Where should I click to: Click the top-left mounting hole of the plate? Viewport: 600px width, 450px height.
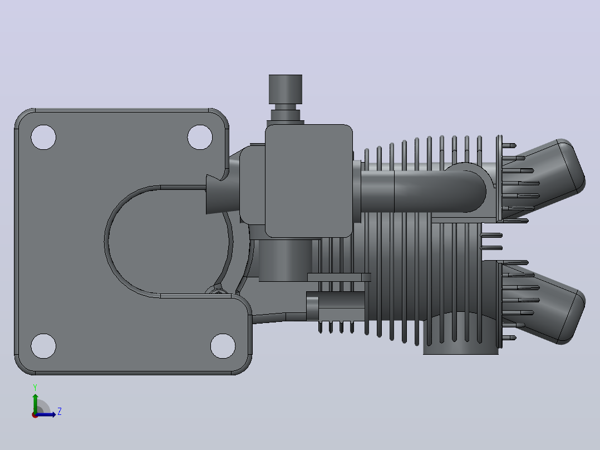[x=43, y=137]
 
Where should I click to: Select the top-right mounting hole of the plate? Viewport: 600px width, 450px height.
[x=200, y=137]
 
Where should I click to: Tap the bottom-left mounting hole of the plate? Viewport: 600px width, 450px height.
[x=43, y=346]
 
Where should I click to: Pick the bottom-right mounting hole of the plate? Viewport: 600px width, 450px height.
[x=223, y=346]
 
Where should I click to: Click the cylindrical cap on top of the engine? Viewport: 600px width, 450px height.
[x=286, y=89]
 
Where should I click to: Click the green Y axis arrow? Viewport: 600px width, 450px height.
[x=35, y=403]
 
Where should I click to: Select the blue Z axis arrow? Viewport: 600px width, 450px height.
[x=46, y=414]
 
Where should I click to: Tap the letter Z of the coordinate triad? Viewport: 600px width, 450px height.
[x=60, y=412]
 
